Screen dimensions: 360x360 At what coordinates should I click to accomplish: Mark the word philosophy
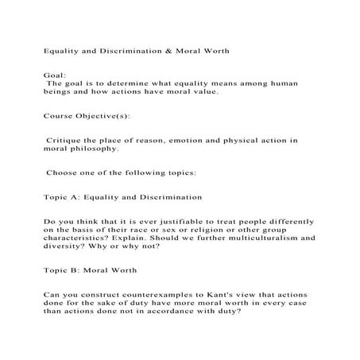pyautogui.click(x=93, y=149)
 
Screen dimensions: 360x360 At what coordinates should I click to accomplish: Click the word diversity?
pyautogui.click(x=63, y=247)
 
